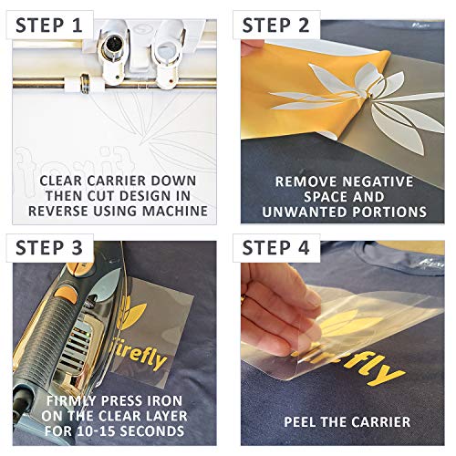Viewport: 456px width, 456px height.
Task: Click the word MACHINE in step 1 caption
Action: coord(176,212)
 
